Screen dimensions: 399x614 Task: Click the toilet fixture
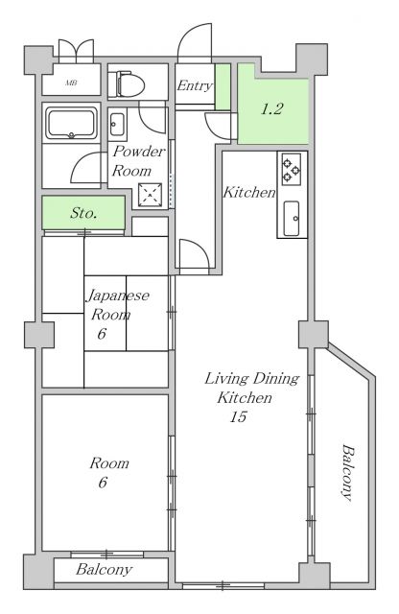(x=126, y=83)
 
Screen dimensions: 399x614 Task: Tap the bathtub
(x=71, y=123)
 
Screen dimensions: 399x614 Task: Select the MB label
(x=71, y=83)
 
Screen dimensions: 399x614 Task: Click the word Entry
(x=195, y=85)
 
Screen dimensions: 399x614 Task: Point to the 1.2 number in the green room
(x=271, y=108)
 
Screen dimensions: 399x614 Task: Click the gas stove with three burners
(x=292, y=169)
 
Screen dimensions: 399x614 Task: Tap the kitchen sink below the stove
(x=292, y=218)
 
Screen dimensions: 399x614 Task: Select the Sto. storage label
(x=83, y=213)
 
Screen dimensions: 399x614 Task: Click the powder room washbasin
(x=117, y=125)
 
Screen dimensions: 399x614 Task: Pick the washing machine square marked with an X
(x=150, y=195)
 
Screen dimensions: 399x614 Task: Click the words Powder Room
(x=138, y=161)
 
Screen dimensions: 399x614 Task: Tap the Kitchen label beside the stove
(x=249, y=192)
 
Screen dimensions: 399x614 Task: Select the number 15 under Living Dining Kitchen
(x=238, y=416)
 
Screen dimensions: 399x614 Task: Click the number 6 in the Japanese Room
(x=102, y=334)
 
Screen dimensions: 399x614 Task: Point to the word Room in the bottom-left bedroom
(x=109, y=463)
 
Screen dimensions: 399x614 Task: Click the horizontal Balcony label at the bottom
(x=105, y=569)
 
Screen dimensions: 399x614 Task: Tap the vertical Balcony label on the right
(x=347, y=472)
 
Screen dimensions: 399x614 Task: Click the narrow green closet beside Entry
(x=223, y=86)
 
